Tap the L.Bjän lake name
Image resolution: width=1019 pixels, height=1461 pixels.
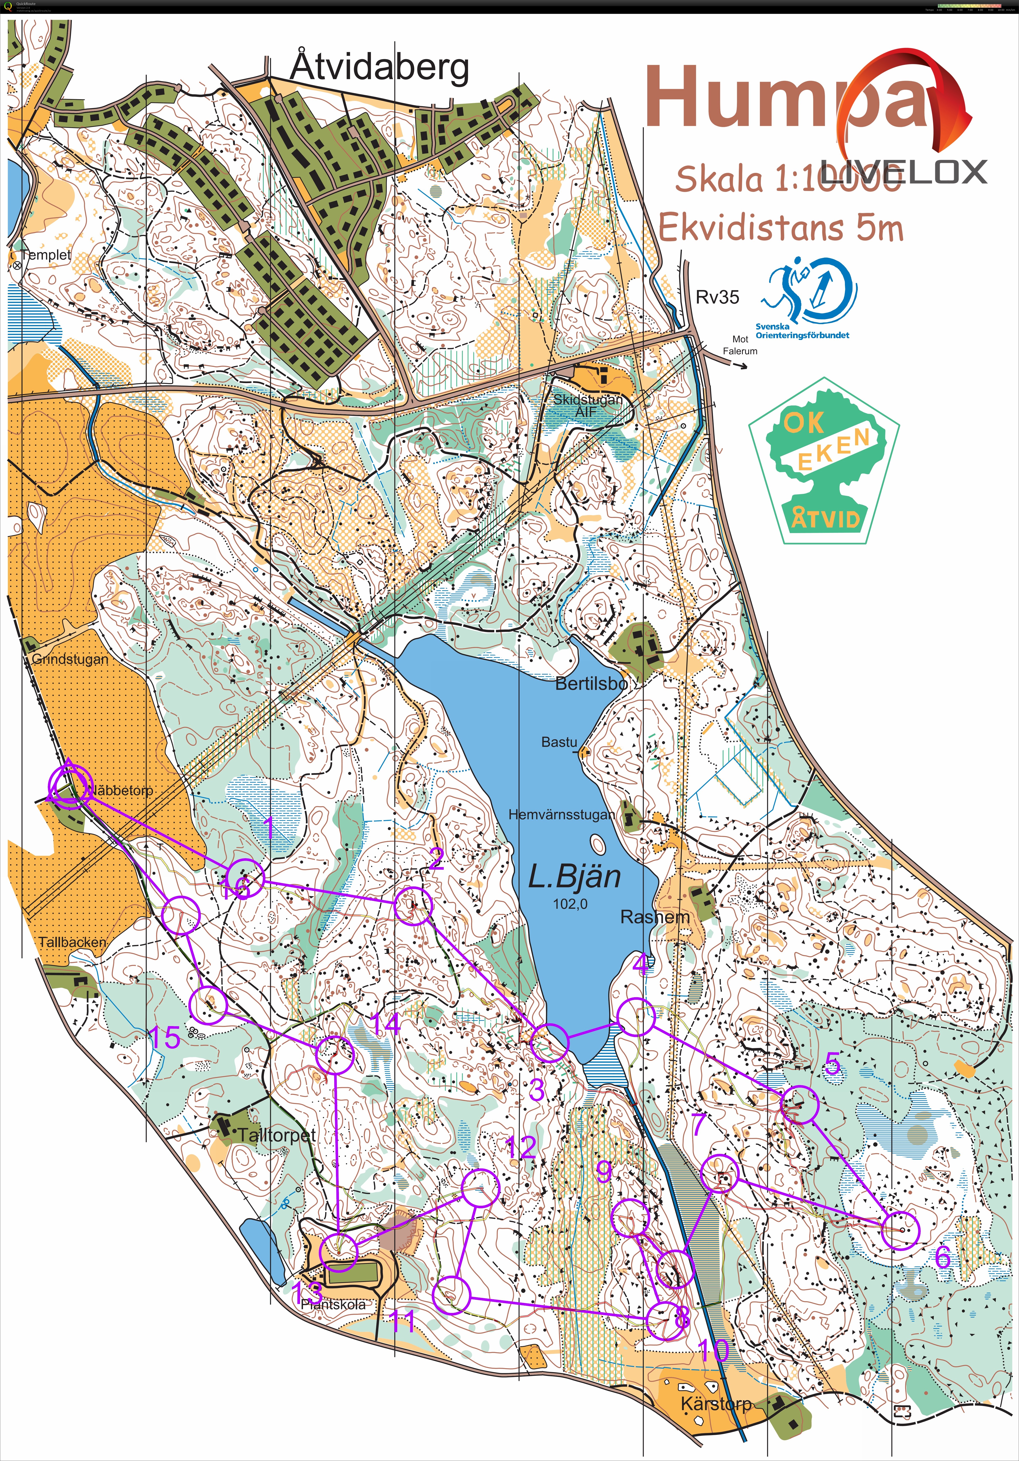tap(574, 877)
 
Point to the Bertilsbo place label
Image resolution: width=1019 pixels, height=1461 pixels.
tap(591, 684)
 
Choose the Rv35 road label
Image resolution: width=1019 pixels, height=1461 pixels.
tap(718, 297)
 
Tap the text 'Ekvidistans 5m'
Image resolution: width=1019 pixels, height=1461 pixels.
tap(781, 228)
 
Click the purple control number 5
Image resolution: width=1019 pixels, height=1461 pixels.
tap(833, 1064)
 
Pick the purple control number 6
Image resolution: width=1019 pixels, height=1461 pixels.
tap(943, 1257)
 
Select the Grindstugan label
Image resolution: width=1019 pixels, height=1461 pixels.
tap(70, 659)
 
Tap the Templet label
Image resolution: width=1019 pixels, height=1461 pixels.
tap(46, 255)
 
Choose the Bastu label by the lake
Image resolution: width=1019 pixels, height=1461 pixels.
tap(559, 742)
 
